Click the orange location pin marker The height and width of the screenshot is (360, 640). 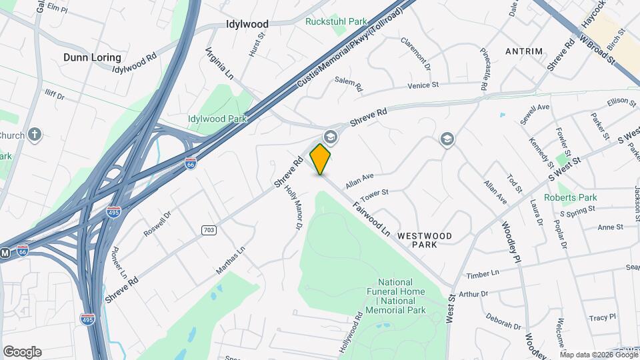click(x=321, y=159)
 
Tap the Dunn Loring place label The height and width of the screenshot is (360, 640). click(x=92, y=57)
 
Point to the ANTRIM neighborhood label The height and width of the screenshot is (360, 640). click(x=524, y=51)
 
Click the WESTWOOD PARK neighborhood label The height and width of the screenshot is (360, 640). click(x=425, y=241)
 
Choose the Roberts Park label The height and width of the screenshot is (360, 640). click(x=570, y=197)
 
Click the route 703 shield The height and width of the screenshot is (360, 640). click(x=209, y=230)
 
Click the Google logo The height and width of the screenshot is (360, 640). click(x=22, y=352)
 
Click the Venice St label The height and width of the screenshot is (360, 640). click(x=423, y=85)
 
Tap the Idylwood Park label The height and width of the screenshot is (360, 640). click(x=217, y=119)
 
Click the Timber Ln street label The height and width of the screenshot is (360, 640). click(x=483, y=275)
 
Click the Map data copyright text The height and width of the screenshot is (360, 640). click(x=599, y=354)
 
